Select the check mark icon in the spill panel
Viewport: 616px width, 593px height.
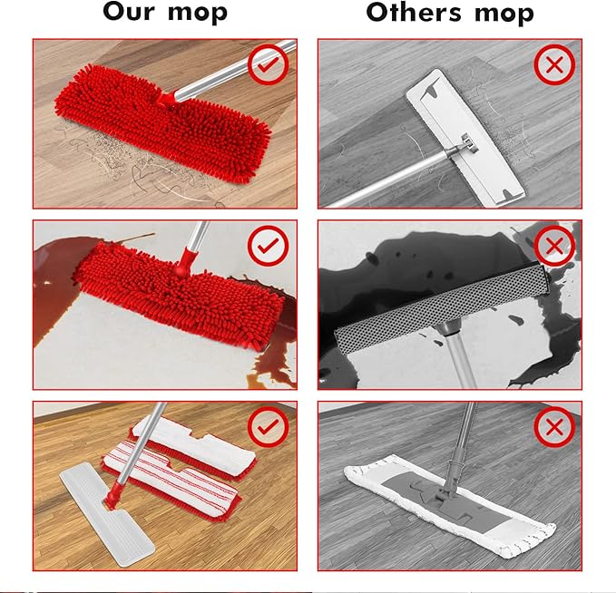(269, 244)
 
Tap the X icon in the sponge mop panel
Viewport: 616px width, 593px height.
(554, 244)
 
